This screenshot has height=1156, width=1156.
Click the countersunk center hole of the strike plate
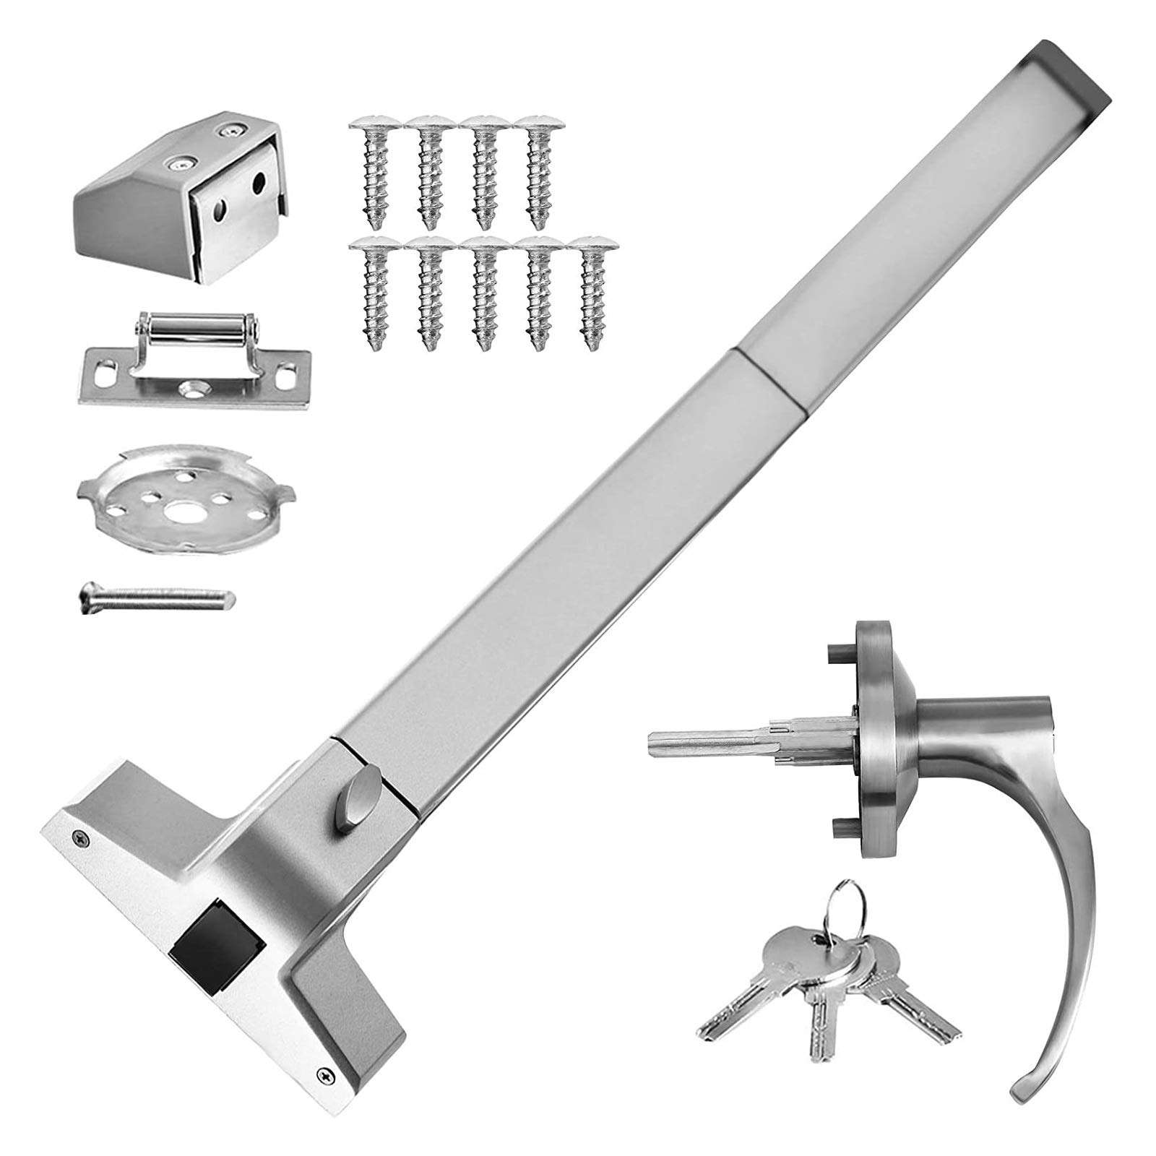pos(191,389)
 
